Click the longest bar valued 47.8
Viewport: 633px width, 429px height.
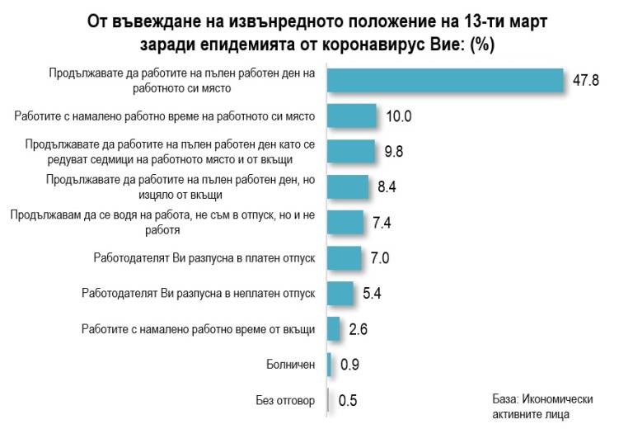445,79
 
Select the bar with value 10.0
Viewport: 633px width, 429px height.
352,116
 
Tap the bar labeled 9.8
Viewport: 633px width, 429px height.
351,152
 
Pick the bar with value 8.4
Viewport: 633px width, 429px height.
348,187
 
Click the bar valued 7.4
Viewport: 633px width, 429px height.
345,222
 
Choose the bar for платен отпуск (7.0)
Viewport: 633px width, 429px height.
345,257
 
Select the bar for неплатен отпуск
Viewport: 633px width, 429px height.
340,293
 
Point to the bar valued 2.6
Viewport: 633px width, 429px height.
334,328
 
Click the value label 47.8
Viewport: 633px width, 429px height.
586,80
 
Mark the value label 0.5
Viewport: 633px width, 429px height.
348,402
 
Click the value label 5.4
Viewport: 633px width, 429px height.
373,295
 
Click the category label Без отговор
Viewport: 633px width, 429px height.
285,402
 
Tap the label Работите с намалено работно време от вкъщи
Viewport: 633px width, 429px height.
199,329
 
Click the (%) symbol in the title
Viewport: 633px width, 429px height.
481,45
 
